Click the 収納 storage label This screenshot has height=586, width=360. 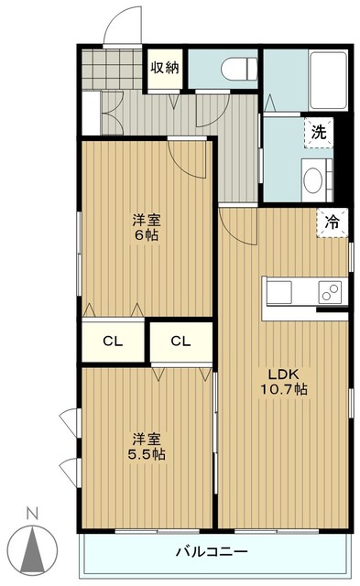point(165,68)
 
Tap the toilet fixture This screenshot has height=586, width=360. point(239,69)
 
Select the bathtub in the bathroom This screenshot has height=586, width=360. point(329,80)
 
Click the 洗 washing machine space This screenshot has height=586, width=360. point(319,133)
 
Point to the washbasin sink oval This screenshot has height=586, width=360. point(313,180)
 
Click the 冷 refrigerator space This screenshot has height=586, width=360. point(332,222)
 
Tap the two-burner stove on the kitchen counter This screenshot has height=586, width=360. point(330,292)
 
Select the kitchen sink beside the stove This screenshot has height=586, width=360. point(278,292)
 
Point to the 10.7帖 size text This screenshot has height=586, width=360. point(284,389)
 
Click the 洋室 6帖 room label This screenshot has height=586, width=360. point(147,228)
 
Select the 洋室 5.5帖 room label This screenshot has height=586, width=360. point(147,447)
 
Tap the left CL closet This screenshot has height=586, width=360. point(113,341)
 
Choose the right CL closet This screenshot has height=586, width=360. point(181,341)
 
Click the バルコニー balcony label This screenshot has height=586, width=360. point(212,551)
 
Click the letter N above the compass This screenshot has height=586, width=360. point(33,514)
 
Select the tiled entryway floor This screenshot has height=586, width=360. point(112,70)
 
